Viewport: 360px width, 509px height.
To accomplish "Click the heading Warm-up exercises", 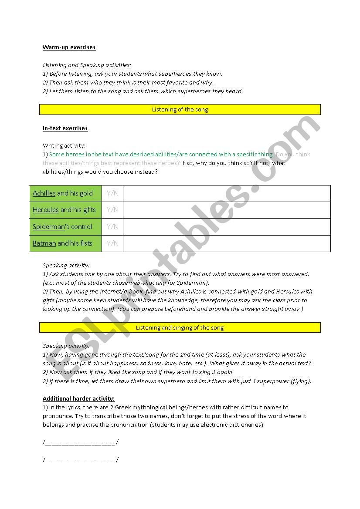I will pos(69,47).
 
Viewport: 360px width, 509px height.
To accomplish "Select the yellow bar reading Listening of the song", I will pos(180,110).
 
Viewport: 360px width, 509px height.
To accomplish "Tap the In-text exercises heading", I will pos(65,128).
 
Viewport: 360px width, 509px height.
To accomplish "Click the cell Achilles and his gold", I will pos(65,193).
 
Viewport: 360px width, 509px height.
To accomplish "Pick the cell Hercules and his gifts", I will pos(65,210).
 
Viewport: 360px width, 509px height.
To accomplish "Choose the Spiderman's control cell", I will pos(65,227).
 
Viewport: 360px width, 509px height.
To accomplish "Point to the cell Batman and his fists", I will pos(65,243).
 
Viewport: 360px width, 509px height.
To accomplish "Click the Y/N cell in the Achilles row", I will pos(112,193).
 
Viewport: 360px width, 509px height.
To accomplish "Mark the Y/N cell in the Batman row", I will pos(112,243).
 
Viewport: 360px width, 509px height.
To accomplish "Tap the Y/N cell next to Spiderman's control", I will pos(112,227).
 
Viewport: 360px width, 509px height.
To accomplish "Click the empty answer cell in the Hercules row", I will pos(226,210).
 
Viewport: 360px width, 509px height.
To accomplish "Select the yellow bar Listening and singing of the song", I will pos(180,327).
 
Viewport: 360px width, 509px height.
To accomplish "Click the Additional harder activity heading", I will pos(78,398).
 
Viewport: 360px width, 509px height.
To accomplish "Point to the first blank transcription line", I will pos(81,443).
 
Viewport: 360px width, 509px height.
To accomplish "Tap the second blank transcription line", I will pos(81,460).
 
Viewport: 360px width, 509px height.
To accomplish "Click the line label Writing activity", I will pos(64,146).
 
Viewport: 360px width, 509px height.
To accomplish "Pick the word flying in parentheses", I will pos(300,381).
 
